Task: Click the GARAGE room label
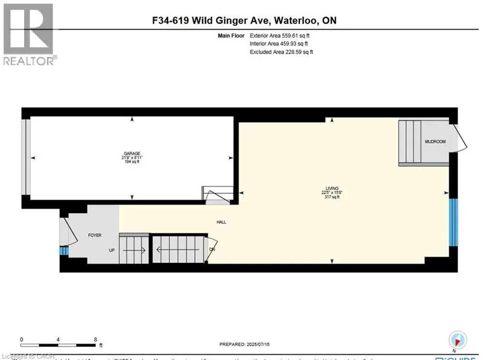(x=131, y=153)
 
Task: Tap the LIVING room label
(x=332, y=188)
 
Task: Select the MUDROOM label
(x=435, y=142)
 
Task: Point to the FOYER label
(x=94, y=235)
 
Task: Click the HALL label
(x=221, y=222)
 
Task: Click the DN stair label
(x=212, y=250)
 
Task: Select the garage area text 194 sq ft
(x=131, y=162)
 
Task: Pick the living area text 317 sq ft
(x=332, y=197)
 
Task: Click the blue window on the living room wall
(x=453, y=222)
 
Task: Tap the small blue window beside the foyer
(x=64, y=251)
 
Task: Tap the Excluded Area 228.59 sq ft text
(x=281, y=52)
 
